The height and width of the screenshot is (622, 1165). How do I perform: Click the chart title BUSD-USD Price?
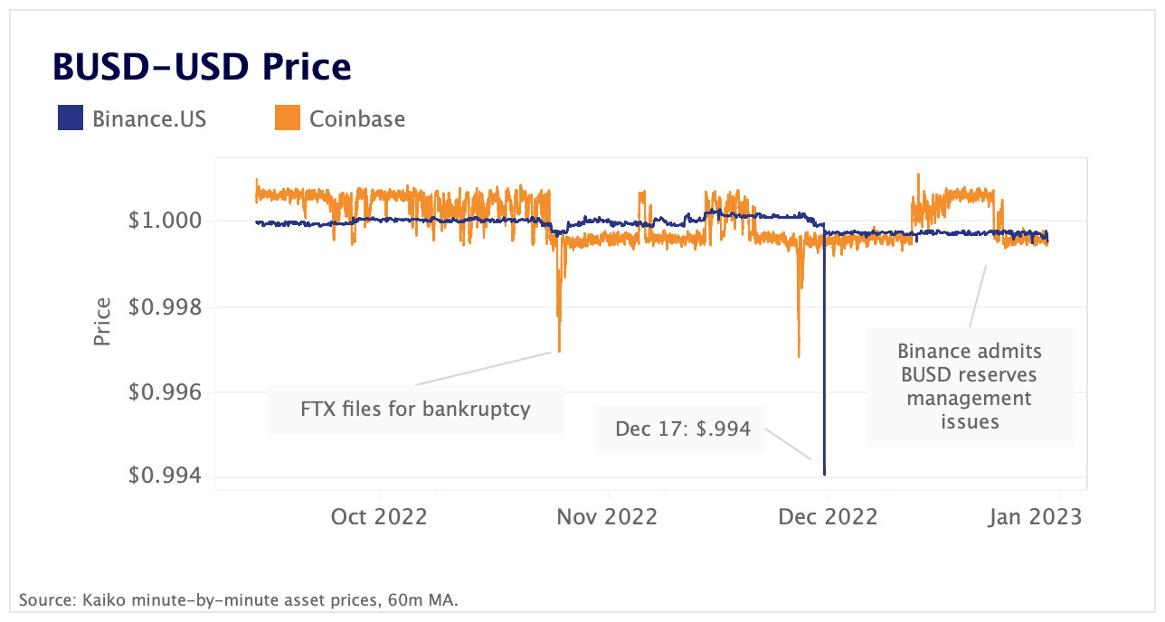(202, 68)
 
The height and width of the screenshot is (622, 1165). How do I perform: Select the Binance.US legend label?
(149, 118)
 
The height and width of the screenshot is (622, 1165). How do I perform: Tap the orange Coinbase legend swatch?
(287, 118)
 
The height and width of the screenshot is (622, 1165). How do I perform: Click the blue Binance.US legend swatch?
(71, 118)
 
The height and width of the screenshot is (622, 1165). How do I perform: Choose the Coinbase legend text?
(356, 118)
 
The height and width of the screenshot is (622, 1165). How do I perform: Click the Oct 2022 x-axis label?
(379, 516)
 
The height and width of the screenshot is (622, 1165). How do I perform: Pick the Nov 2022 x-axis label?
(608, 516)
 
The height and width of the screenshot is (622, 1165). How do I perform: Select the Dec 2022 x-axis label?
(829, 516)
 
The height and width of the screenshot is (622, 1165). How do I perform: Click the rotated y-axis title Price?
(103, 321)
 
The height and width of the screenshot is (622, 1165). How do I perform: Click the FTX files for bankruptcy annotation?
(415, 409)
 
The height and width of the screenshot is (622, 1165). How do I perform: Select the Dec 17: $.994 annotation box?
(683, 429)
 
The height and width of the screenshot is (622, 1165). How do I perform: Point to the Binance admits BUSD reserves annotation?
(970, 386)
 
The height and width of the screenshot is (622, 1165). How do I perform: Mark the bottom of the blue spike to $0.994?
(825, 474)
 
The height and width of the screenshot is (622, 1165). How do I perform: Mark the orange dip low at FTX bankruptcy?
(559, 351)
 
